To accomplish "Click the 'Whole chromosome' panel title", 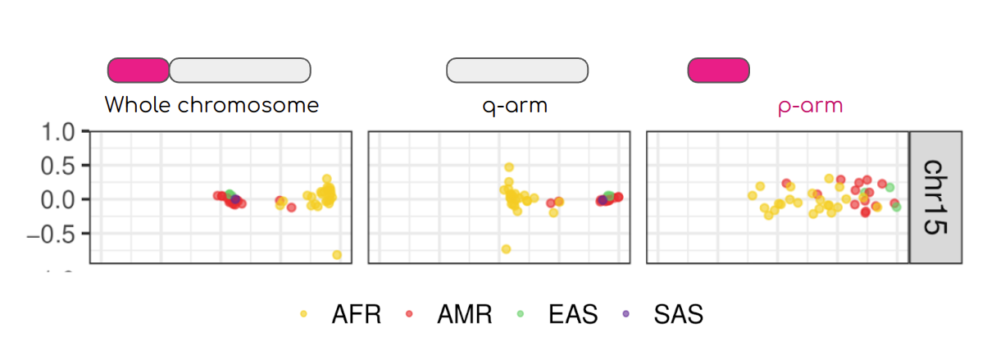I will tap(211, 106).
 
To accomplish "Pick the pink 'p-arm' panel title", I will tap(810, 106).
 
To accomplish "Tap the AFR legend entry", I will tap(343, 314).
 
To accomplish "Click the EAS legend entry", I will tap(559, 314).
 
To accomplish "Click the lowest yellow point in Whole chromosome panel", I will tap(337, 255).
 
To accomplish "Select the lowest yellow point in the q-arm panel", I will tap(506, 248).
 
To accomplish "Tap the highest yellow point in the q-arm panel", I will tap(509, 167).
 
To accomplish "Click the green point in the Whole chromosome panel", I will tap(230, 194).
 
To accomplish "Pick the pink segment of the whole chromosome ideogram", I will tap(138, 71).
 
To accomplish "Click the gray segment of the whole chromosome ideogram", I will tap(239, 71).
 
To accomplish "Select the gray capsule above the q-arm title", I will tap(516, 71).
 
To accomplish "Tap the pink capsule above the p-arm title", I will tap(718, 71).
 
